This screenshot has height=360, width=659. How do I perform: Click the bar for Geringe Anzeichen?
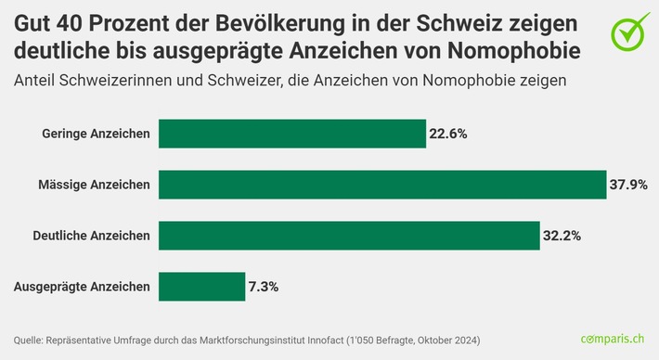point(291,134)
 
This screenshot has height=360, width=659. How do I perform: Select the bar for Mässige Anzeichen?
point(381,185)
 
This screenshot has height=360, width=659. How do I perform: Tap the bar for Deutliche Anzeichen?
point(349,236)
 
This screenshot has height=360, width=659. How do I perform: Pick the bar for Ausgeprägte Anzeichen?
point(200,287)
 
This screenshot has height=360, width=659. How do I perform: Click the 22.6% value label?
point(448,134)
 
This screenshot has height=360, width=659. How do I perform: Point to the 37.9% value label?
point(628,185)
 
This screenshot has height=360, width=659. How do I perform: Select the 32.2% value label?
point(562,236)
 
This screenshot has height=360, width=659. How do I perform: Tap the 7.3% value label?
point(264,287)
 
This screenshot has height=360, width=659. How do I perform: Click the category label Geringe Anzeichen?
point(97,134)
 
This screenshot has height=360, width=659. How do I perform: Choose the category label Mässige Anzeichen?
point(96,185)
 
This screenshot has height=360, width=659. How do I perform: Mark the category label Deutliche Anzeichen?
point(91,236)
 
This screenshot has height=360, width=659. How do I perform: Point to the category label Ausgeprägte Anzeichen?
point(82,287)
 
